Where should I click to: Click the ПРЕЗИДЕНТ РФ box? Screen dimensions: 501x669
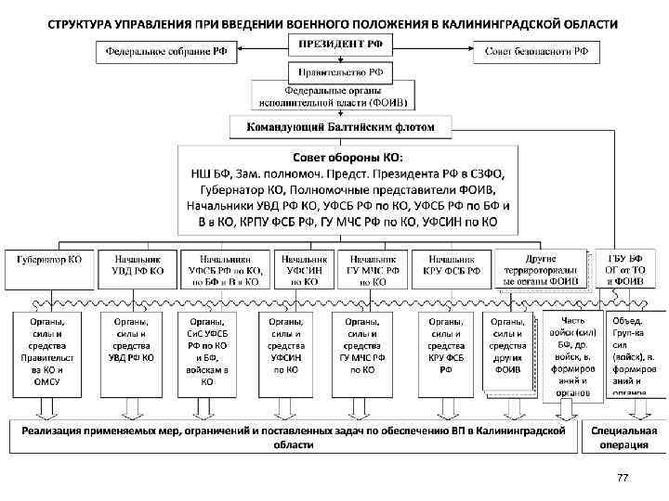pyautogui.click(x=334, y=44)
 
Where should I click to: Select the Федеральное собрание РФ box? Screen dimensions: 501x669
pyautogui.click(x=167, y=53)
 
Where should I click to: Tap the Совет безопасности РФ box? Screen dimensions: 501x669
pyautogui.click(x=537, y=53)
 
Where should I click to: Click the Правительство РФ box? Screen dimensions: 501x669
pyautogui.click(x=334, y=71)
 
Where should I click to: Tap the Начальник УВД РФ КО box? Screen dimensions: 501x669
pyautogui.click(x=138, y=265)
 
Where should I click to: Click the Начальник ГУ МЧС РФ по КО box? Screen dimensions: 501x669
pyautogui.click(x=368, y=269)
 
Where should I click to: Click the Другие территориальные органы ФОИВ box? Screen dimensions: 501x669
pyautogui.click(x=540, y=268)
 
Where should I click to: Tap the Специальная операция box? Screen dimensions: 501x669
pyautogui.click(x=623, y=437)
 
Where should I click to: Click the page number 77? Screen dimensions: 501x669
pyautogui.click(x=623, y=478)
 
